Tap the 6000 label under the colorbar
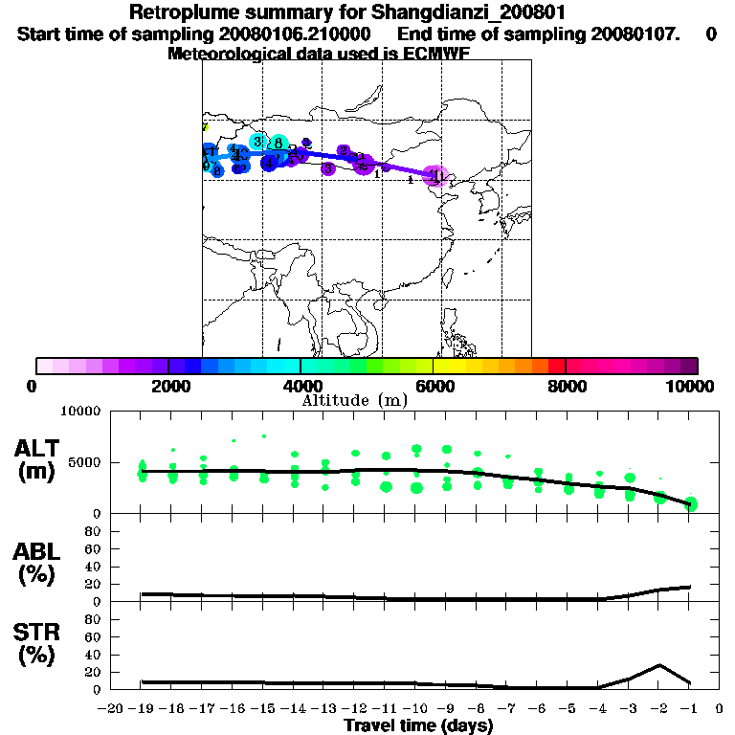(434, 386)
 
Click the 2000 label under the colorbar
(168, 386)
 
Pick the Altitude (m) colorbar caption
(354, 400)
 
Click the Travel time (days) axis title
(418, 726)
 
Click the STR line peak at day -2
(659, 665)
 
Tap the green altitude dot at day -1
(691, 503)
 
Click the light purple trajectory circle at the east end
(435, 175)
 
